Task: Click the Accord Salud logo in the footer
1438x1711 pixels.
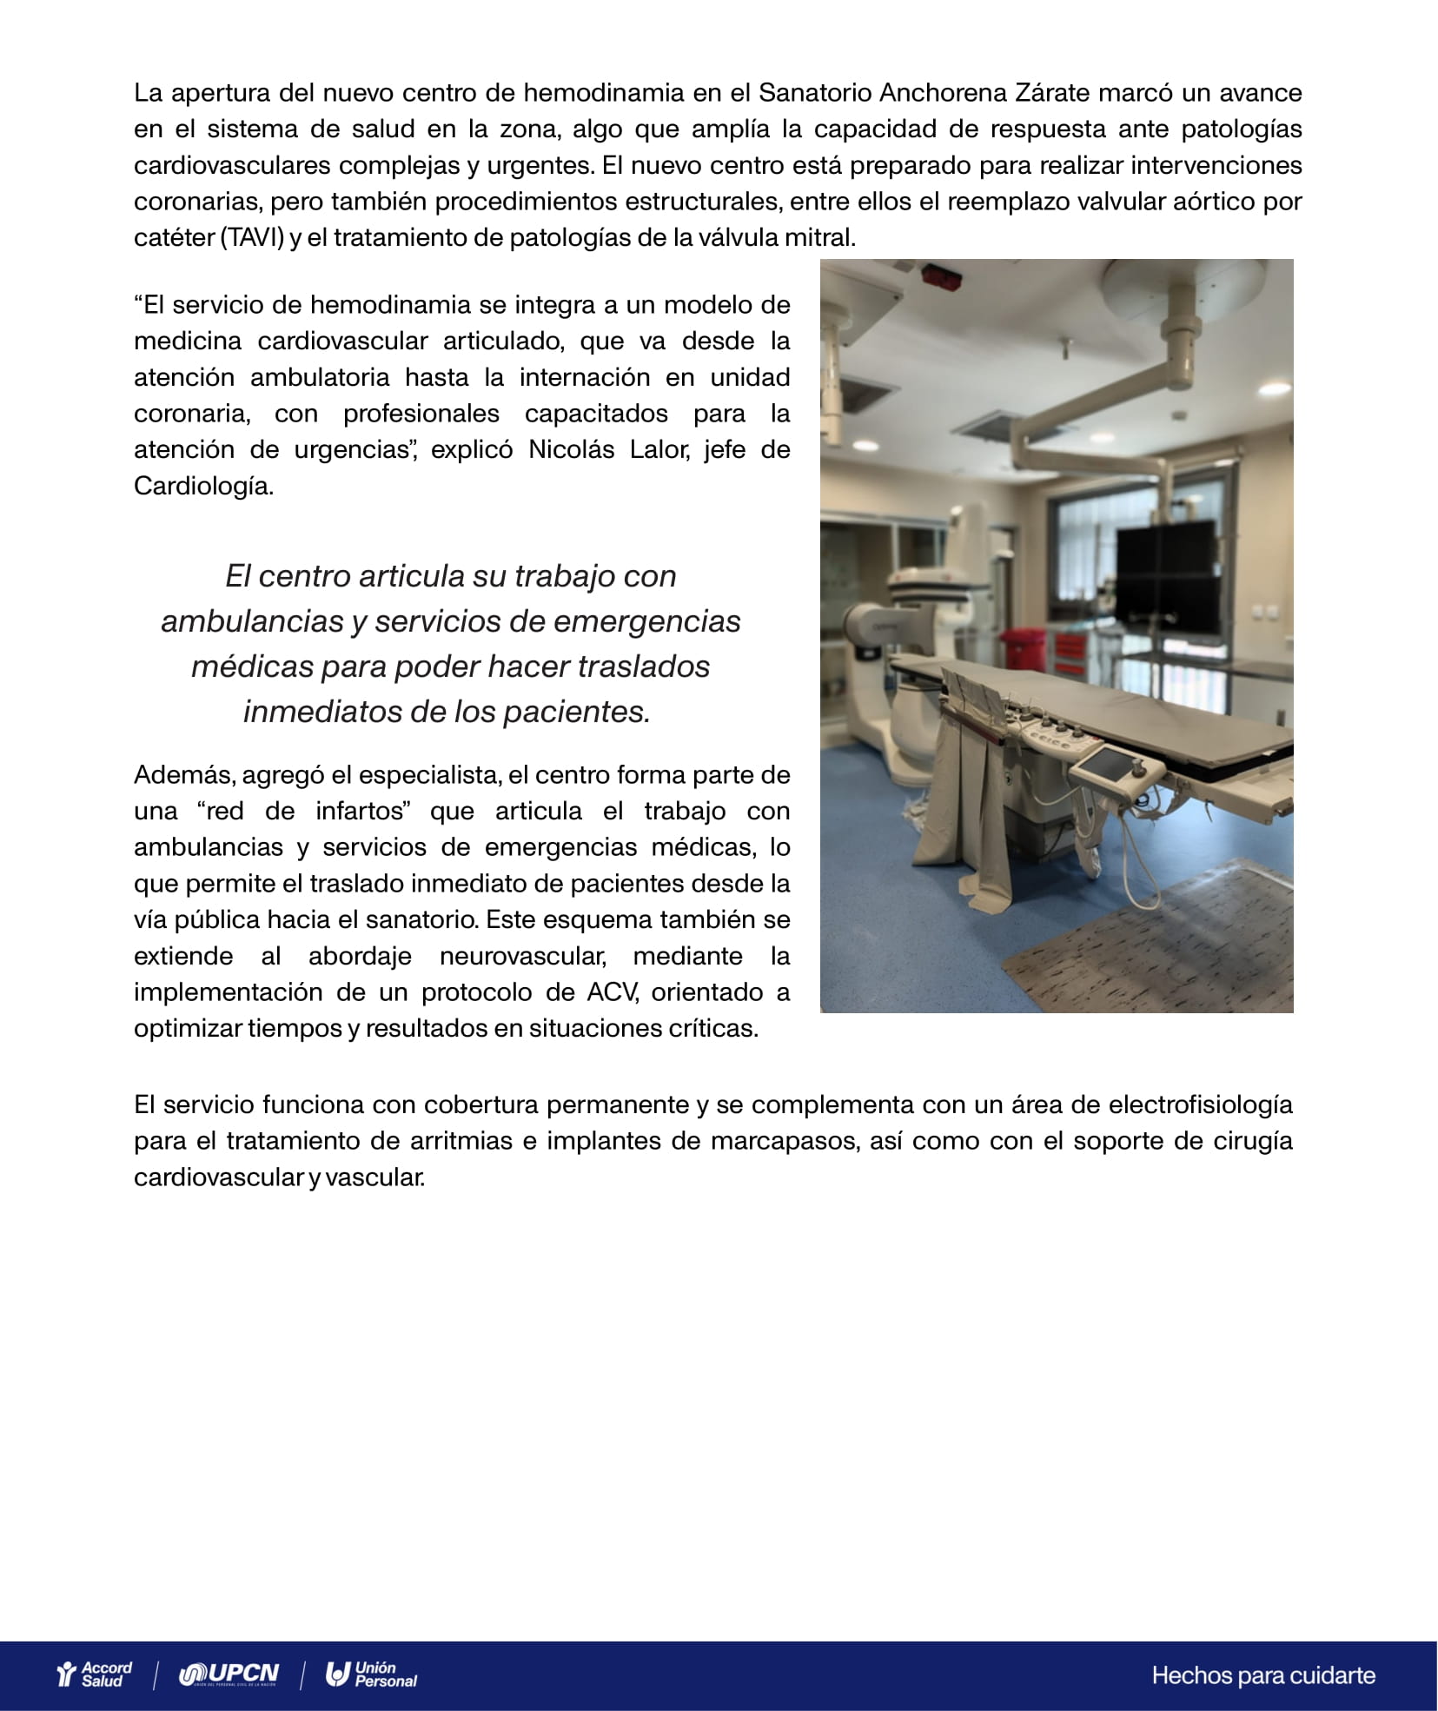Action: coord(94,1674)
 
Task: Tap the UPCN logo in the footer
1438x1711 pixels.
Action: coord(229,1674)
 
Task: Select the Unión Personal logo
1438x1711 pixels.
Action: coord(372,1674)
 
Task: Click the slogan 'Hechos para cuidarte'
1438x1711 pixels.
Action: coord(1263,1675)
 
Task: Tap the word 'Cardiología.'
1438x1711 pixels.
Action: coord(203,486)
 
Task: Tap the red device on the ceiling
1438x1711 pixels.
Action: coord(942,276)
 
